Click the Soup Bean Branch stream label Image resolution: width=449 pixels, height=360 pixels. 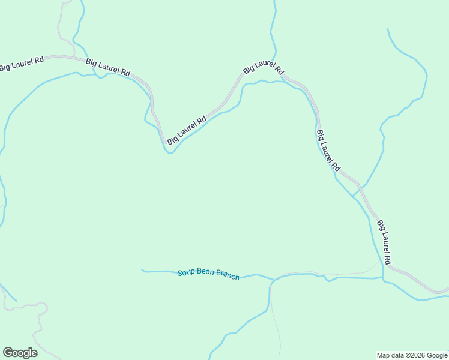(208, 274)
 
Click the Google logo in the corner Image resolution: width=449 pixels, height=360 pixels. (20, 353)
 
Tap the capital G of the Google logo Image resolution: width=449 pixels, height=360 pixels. (8, 353)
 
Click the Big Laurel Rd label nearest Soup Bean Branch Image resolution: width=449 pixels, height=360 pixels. (384, 242)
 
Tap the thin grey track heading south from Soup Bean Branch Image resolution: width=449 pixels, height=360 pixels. (276, 324)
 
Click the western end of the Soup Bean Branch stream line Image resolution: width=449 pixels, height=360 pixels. (142, 270)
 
